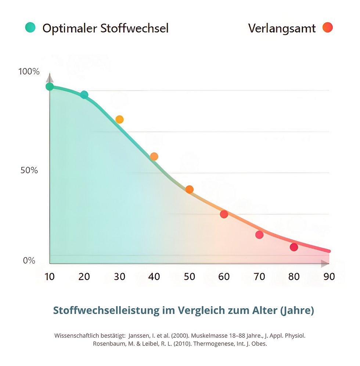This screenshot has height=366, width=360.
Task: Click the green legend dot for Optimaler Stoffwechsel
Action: coord(30,27)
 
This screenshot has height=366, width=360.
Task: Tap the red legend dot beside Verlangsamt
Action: coord(327,27)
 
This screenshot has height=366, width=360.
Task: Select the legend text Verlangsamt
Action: coord(282,28)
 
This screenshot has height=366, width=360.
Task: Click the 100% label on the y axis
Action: coord(29,71)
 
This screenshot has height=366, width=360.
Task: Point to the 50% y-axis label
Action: coord(29,170)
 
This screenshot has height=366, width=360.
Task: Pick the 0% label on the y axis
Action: coord(29,261)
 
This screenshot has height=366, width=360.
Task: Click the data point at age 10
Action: coord(50,87)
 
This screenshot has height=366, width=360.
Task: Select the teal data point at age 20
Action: coord(84,95)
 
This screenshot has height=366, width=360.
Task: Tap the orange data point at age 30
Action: coord(119,119)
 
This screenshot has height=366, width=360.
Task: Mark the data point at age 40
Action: coord(154,156)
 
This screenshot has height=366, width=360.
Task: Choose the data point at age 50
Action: coord(189,189)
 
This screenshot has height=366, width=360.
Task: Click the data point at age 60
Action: coord(224,214)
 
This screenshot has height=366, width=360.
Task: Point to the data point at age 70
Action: coord(259,235)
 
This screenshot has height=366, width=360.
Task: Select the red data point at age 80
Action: coord(294,247)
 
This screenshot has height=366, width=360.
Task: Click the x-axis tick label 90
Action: coord(329,277)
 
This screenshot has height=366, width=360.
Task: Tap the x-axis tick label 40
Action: coord(154,277)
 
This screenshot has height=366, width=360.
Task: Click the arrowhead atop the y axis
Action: coord(50,78)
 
